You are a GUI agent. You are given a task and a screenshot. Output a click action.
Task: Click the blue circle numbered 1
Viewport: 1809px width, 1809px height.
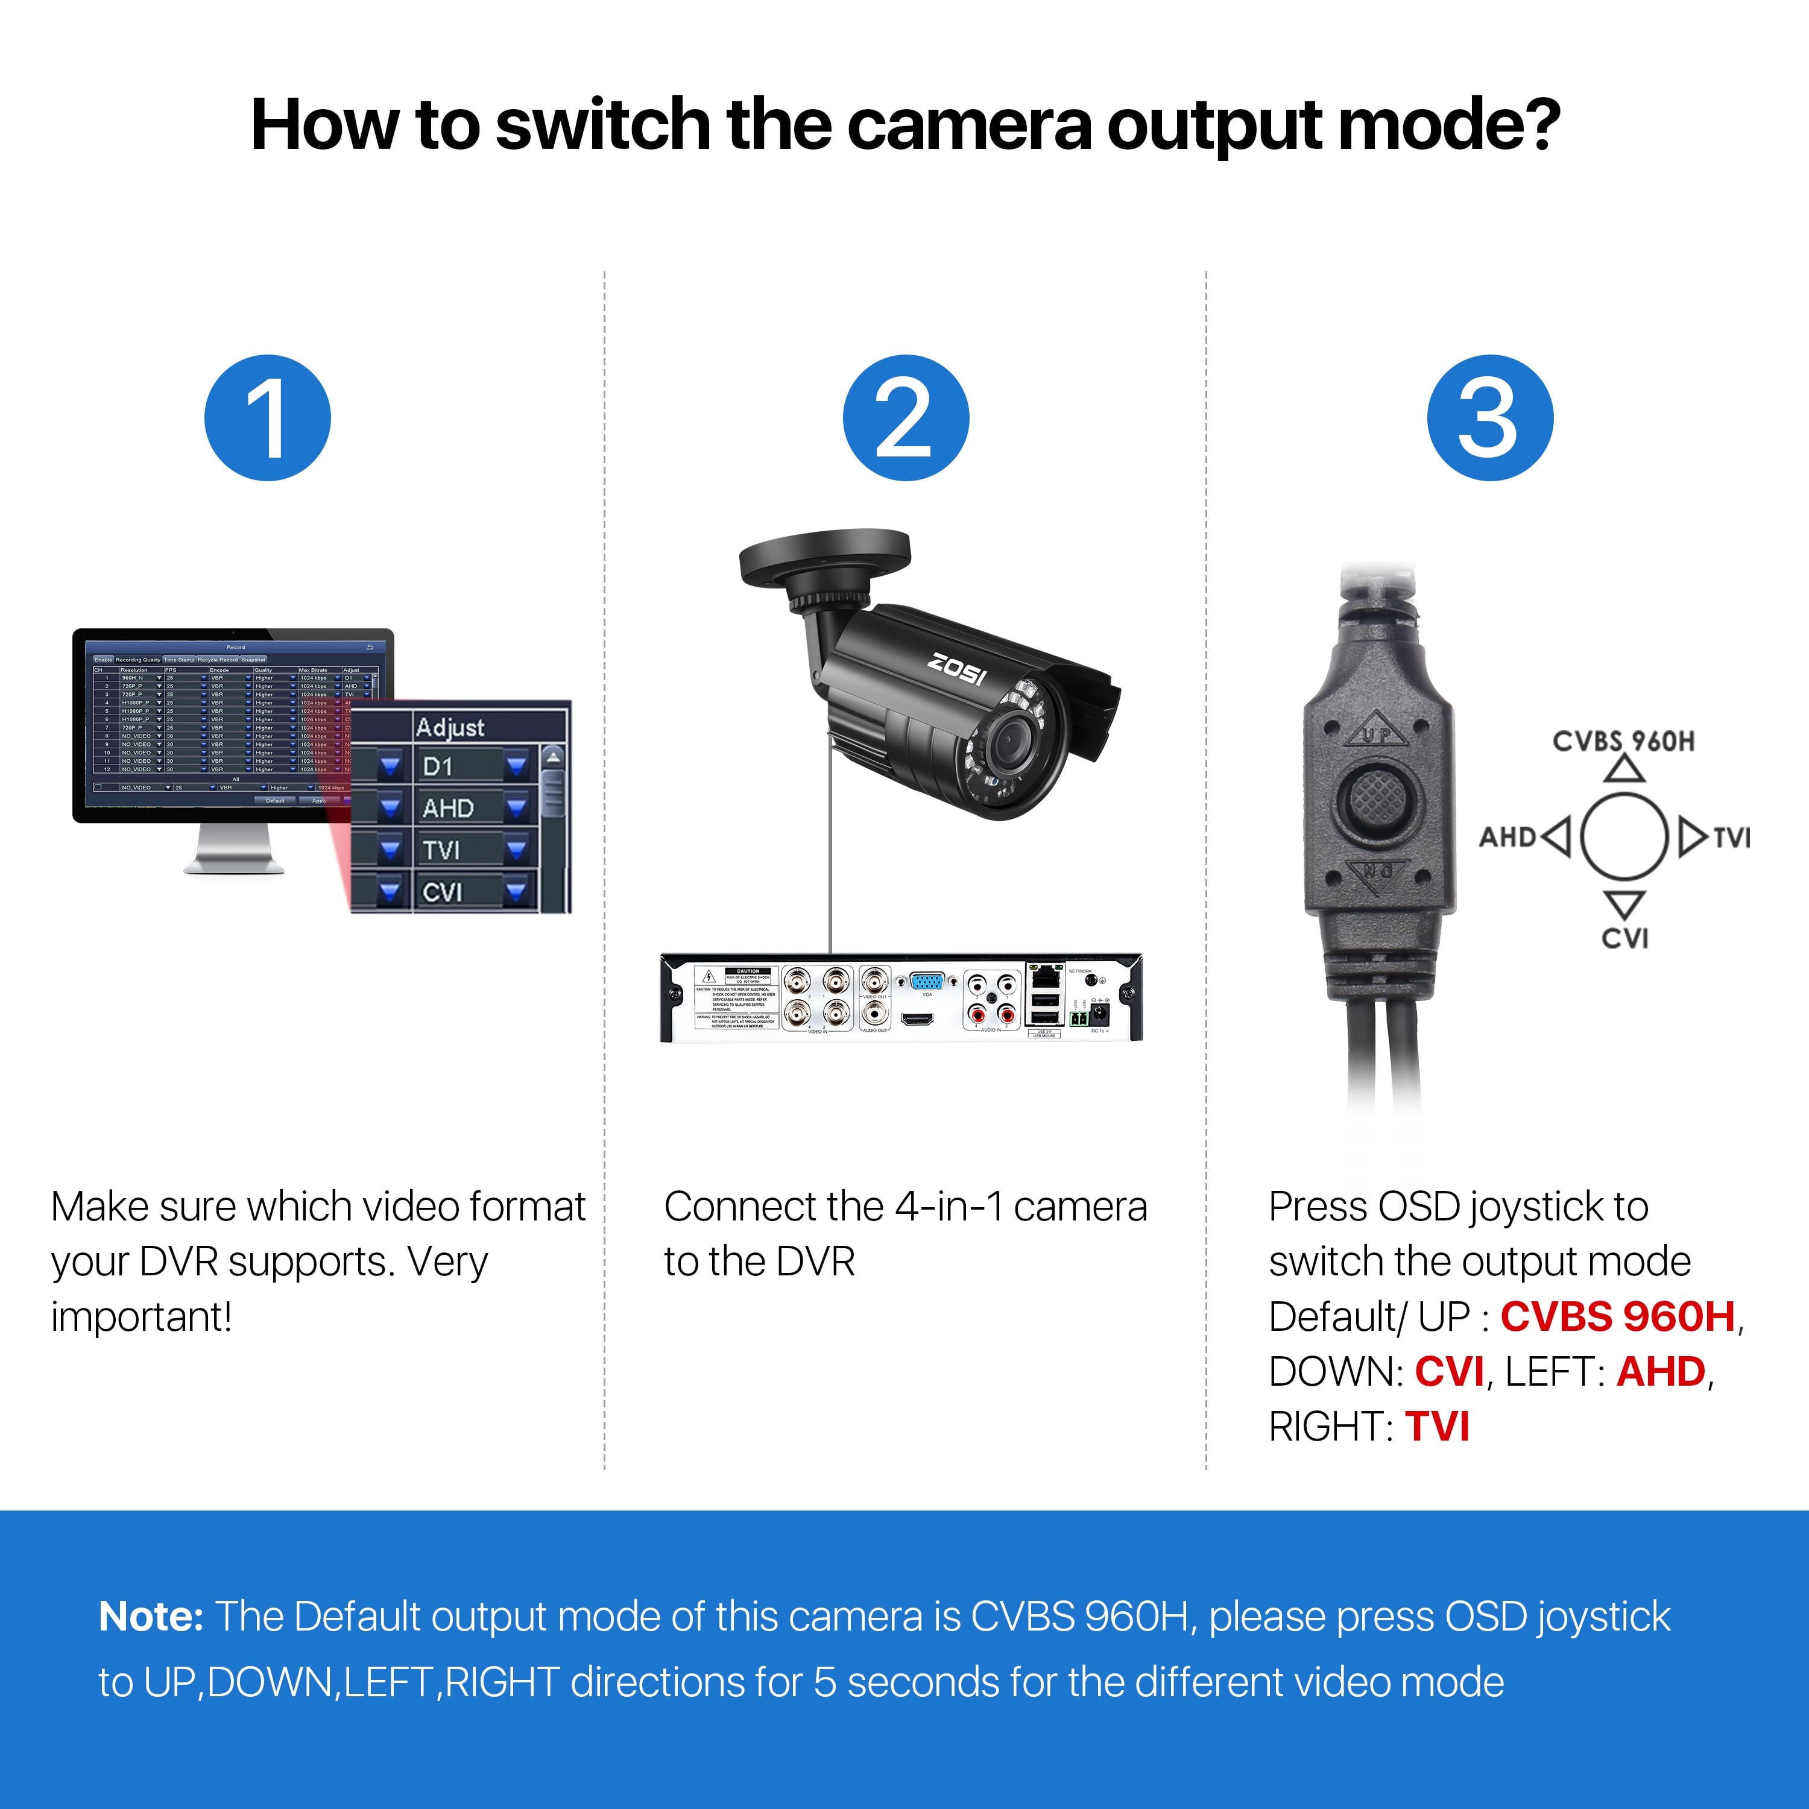[x=268, y=418]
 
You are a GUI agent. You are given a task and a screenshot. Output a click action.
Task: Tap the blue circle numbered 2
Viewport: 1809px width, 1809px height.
[x=906, y=418]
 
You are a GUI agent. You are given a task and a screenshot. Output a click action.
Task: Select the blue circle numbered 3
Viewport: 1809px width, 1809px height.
[x=1489, y=418]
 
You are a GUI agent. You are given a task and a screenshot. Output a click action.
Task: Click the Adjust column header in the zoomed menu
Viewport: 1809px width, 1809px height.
[x=450, y=727]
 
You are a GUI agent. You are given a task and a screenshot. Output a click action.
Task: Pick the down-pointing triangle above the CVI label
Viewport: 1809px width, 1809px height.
[x=1624, y=903]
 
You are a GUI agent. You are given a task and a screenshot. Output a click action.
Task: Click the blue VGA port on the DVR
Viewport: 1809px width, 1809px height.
[x=927, y=981]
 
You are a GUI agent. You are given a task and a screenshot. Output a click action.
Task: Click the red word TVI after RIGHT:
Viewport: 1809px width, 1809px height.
[x=1438, y=1427]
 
